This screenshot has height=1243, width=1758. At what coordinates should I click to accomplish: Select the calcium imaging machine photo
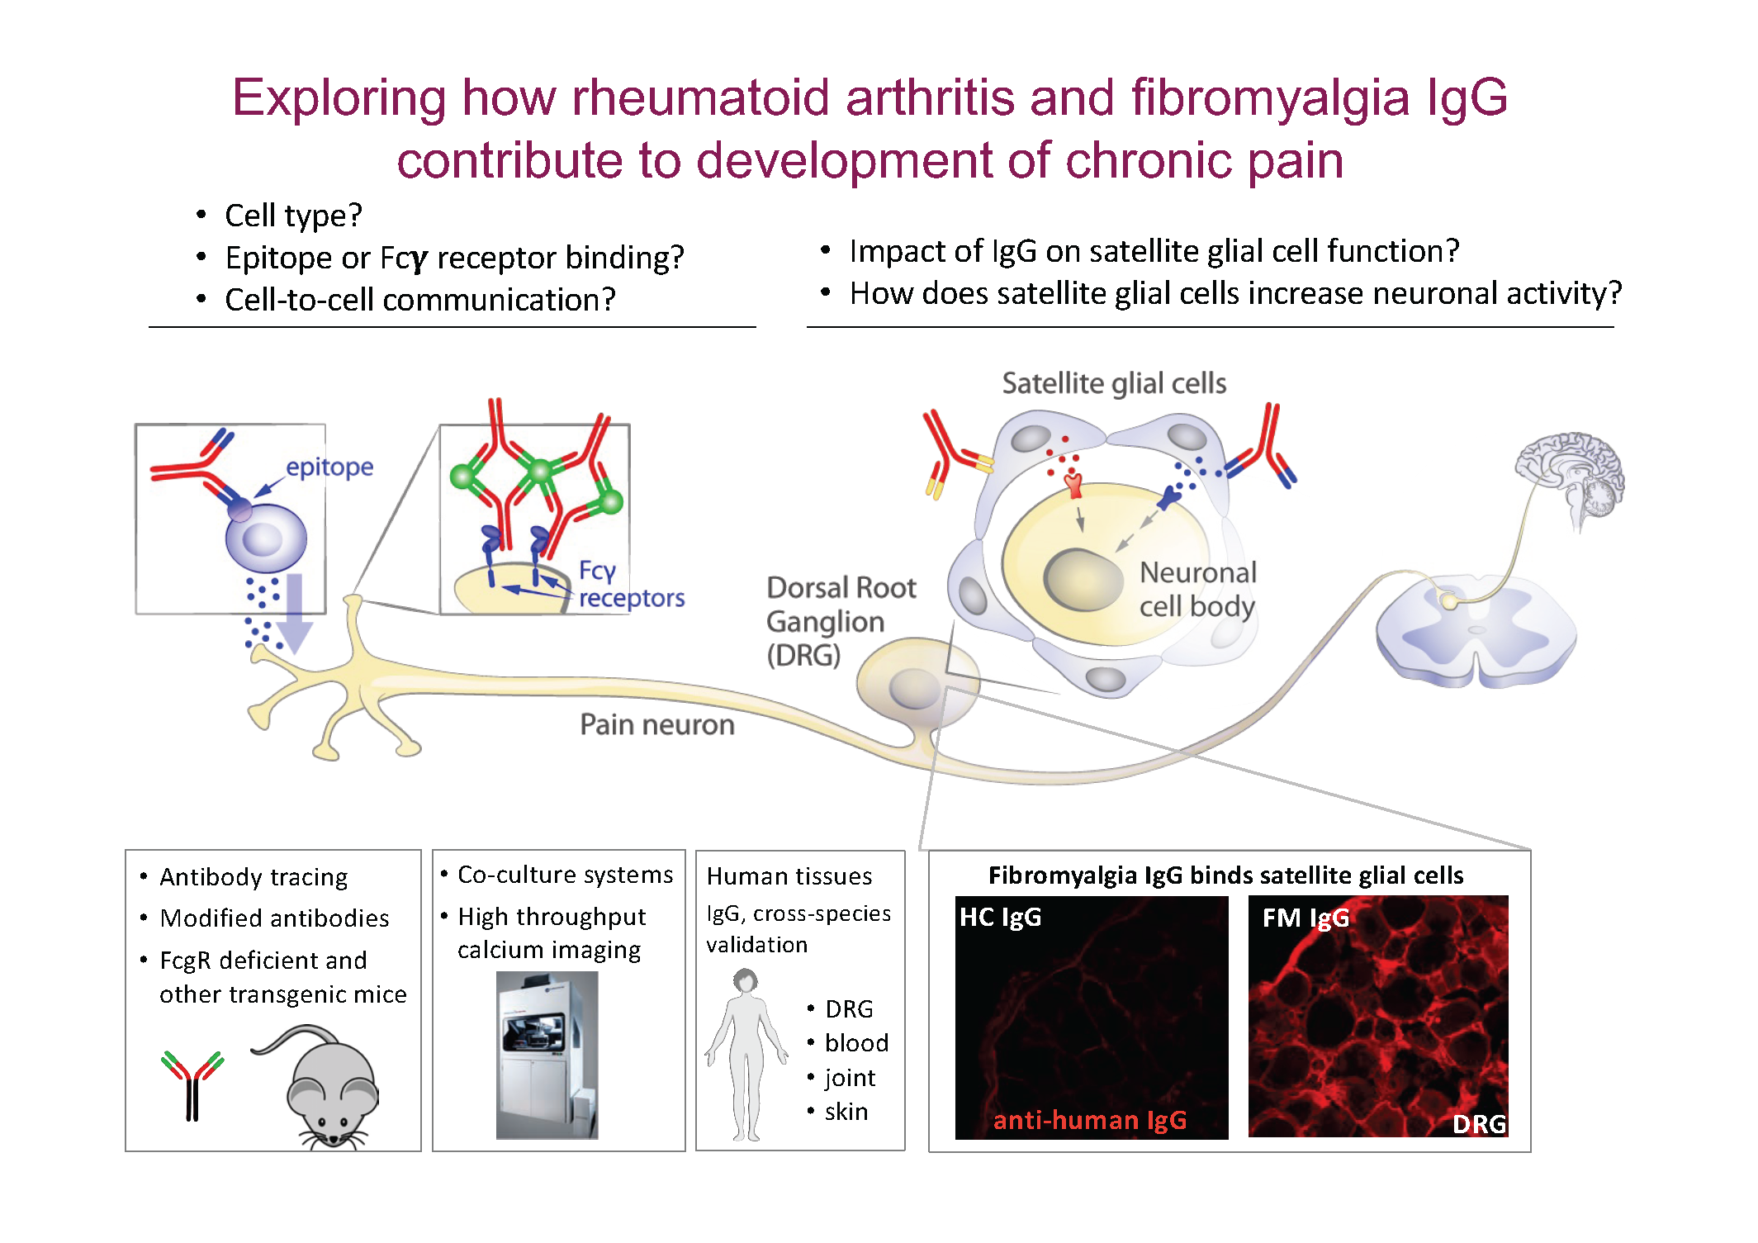(547, 1055)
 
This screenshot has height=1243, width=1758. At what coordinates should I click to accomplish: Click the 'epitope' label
(329, 467)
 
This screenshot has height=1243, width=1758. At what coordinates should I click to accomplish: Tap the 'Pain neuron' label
(657, 724)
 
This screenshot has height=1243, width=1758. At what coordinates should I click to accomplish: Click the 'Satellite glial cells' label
(1114, 383)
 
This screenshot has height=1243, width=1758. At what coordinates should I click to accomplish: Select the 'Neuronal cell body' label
(1198, 589)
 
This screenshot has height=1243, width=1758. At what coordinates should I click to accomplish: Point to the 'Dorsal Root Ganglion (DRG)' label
(841, 621)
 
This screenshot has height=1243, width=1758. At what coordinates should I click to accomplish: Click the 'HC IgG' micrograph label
(1000, 917)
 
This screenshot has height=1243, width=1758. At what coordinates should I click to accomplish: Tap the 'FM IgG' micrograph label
(1305, 917)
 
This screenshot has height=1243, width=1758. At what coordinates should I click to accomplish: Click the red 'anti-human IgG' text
(1089, 1120)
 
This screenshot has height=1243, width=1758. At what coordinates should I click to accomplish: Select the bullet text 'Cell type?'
(293, 216)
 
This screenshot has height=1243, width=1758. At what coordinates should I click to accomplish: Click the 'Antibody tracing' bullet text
(254, 876)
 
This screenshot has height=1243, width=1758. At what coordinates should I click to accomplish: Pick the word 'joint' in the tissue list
(850, 1078)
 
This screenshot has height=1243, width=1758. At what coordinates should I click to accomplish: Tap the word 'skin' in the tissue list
(846, 1112)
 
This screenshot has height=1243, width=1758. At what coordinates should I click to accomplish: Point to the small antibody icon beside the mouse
(192, 1085)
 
